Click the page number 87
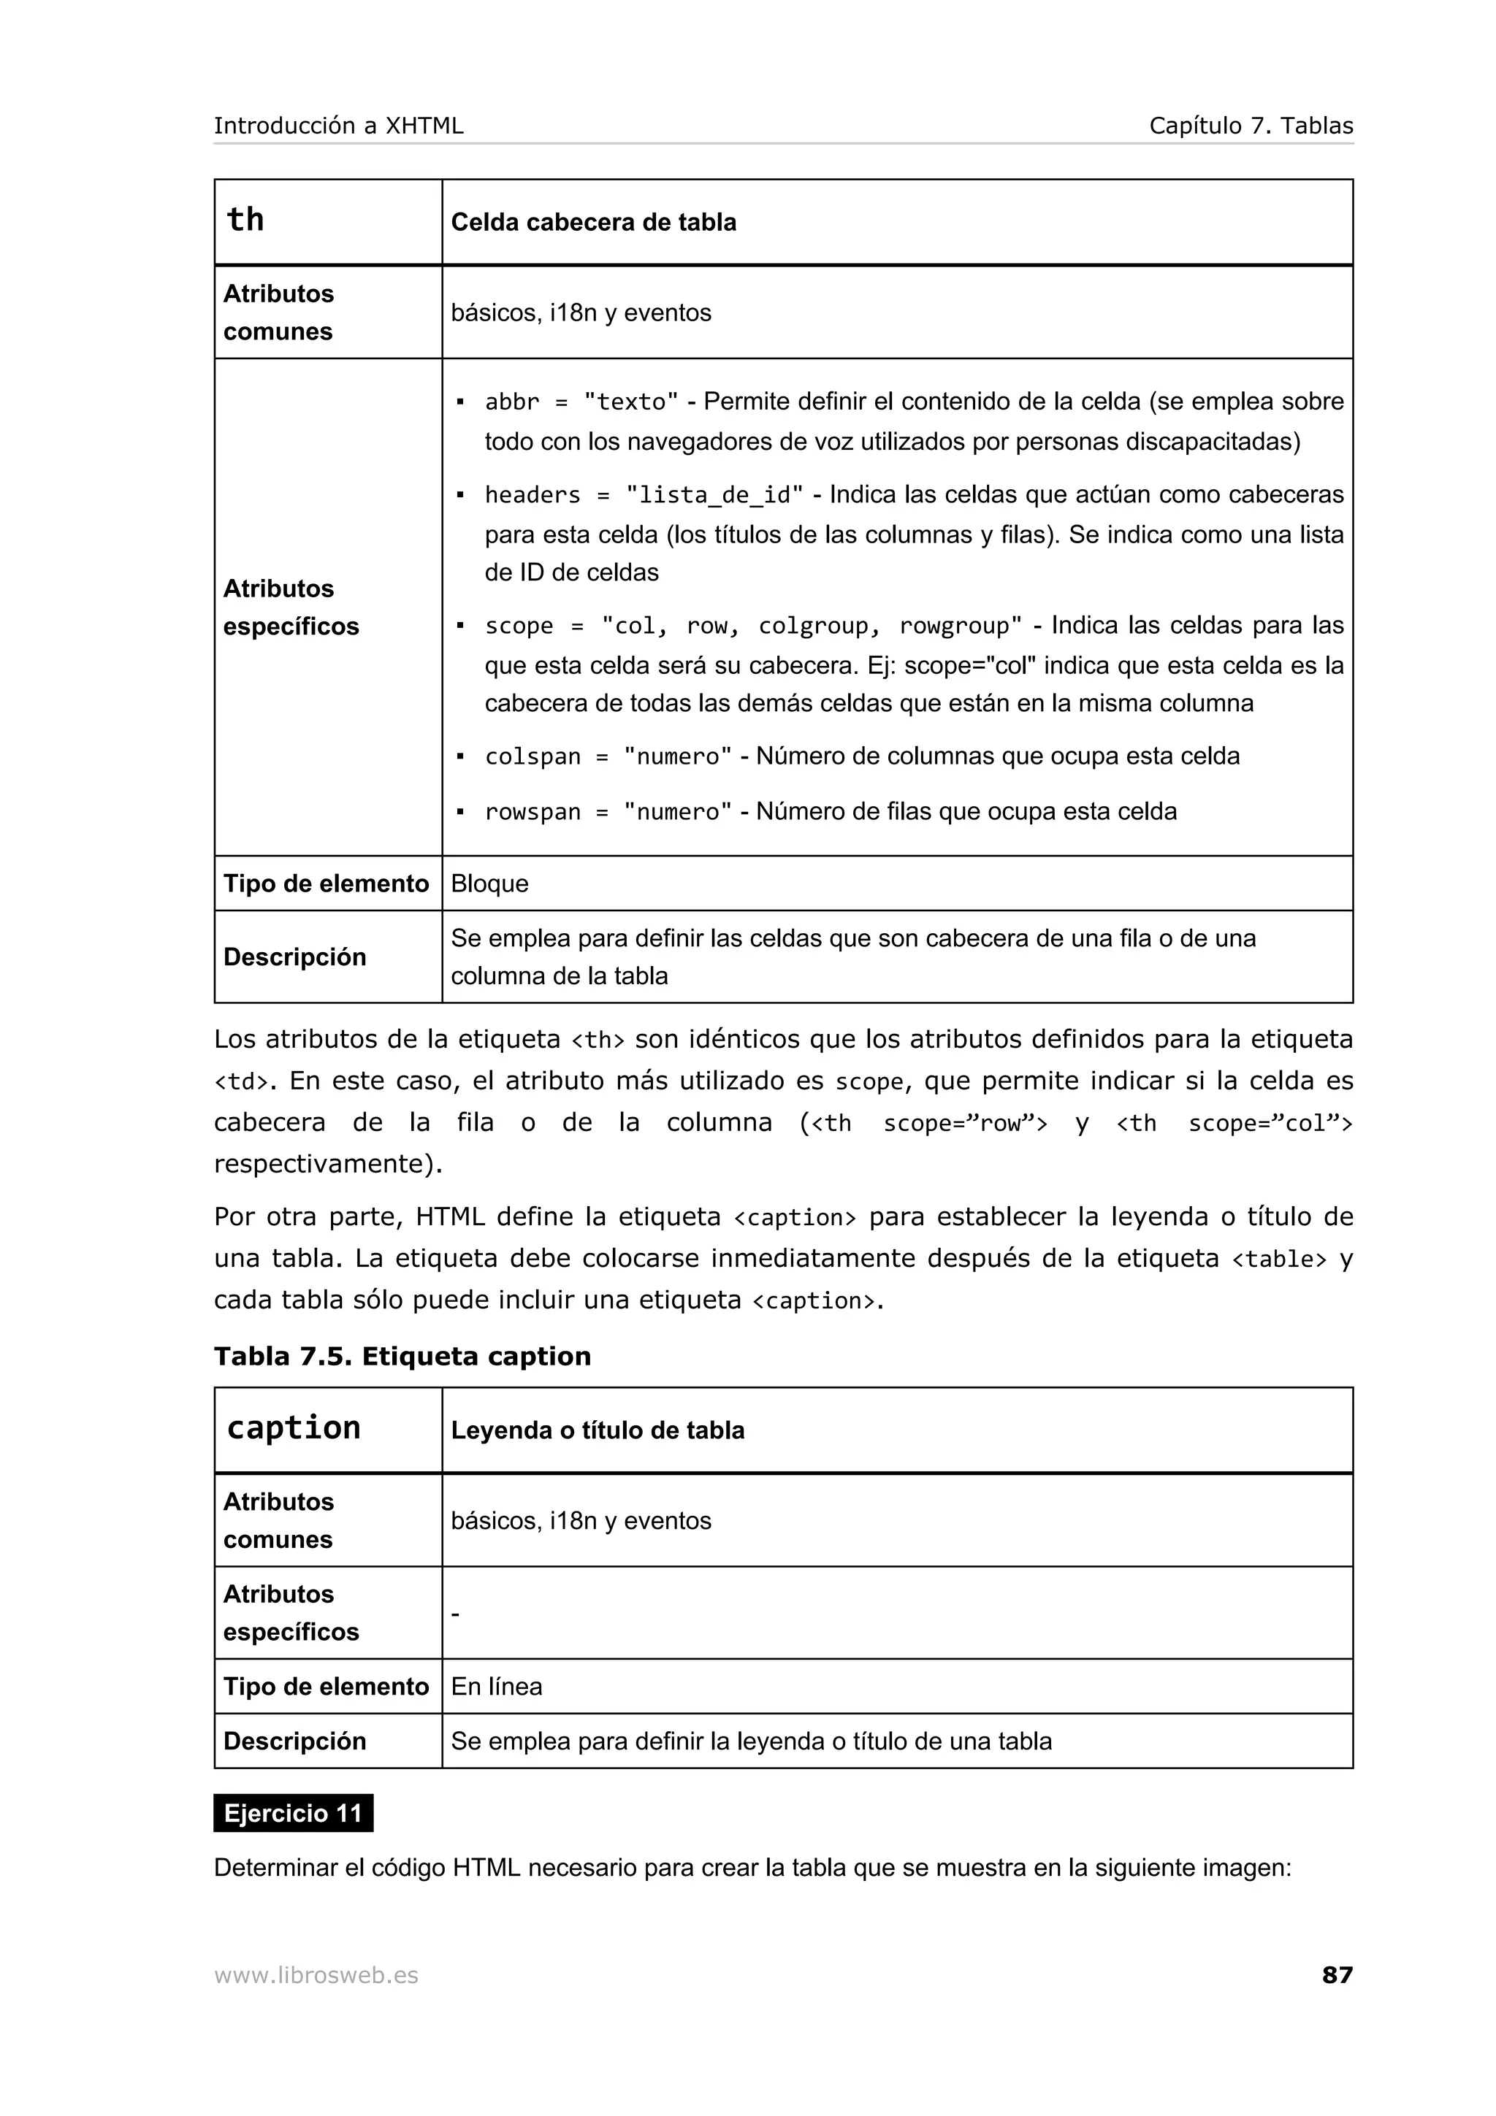tap(1337, 1974)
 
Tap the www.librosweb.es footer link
tap(316, 1975)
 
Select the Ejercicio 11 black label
tap(293, 1813)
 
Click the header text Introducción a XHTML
tap(338, 126)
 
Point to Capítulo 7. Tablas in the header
tap(1251, 126)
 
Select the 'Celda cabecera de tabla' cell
tap(594, 222)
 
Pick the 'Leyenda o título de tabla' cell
tap(598, 1430)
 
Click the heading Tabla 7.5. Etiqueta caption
tap(402, 1356)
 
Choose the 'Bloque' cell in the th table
tap(489, 883)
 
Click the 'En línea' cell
tap(496, 1686)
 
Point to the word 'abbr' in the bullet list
tap(511, 402)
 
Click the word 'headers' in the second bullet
tap(533, 495)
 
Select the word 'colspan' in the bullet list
tap(533, 756)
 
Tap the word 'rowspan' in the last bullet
tap(533, 812)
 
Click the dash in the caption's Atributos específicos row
tap(455, 1613)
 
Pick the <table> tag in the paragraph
tap(1278, 1259)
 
